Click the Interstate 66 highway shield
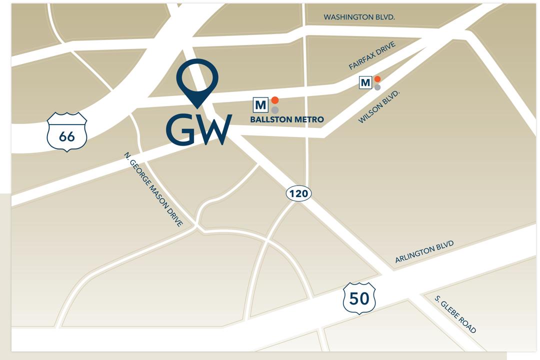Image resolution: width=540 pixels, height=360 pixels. (x=67, y=132)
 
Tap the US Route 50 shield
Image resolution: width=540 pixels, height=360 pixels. (x=359, y=298)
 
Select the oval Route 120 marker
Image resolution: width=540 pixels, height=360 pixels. (x=298, y=193)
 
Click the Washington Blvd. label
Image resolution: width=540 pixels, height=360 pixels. (x=359, y=17)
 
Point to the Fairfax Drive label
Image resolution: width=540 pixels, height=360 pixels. (x=372, y=55)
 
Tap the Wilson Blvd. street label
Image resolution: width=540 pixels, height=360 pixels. (x=377, y=106)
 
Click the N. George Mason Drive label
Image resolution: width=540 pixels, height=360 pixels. (x=153, y=190)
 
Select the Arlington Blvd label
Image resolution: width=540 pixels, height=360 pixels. (x=424, y=251)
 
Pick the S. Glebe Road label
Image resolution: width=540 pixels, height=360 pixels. (x=455, y=314)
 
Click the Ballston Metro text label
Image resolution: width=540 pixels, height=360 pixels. (x=287, y=119)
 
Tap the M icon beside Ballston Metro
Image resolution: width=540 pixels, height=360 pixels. (x=260, y=105)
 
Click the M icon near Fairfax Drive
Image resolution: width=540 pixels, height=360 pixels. (x=365, y=82)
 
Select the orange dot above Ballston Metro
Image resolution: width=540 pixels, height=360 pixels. (x=275, y=100)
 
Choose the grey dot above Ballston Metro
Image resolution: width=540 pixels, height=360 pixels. (x=275, y=110)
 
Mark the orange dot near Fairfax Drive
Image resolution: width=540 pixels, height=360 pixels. (x=377, y=79)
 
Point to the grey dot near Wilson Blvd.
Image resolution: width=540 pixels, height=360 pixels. (x=377, y=87)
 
